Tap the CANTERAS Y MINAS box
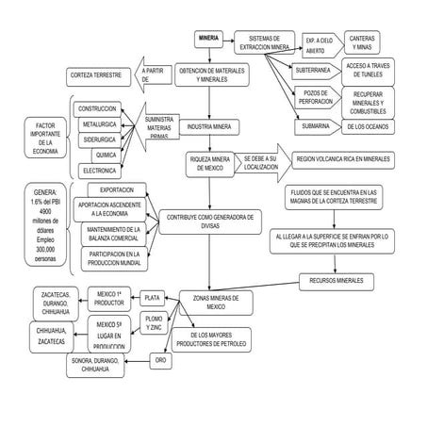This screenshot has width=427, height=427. [x=363, y=42]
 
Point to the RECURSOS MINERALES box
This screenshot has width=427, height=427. [x=336, y=280]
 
